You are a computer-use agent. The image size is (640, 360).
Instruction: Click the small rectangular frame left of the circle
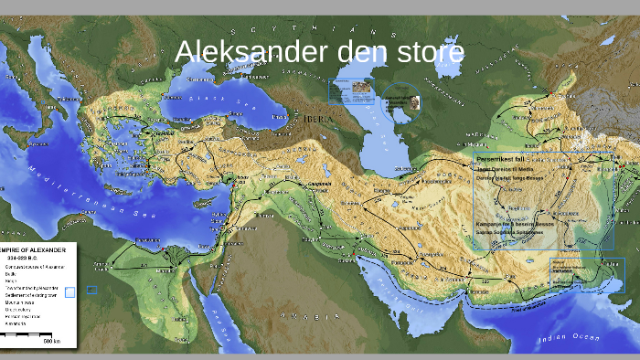[352, 91]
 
